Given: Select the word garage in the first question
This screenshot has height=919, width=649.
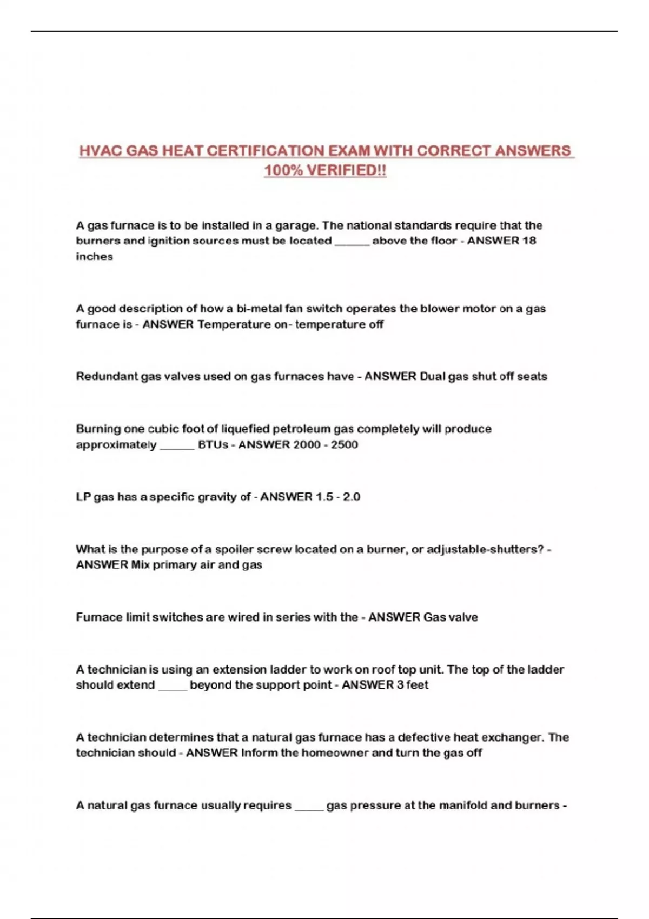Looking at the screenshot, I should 295,225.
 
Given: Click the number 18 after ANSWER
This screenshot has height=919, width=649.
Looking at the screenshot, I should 529,241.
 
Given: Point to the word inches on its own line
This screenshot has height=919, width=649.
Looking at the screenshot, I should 95,256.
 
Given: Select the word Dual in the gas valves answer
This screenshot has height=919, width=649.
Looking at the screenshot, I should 432,376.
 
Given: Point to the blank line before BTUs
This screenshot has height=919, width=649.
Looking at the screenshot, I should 177,445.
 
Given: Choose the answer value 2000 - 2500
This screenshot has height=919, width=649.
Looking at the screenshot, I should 326,445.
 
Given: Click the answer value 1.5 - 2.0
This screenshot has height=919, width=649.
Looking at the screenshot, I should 337,497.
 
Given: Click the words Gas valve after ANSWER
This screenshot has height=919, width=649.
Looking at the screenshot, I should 451,617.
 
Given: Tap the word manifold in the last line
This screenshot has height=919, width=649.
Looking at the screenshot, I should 463,805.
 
